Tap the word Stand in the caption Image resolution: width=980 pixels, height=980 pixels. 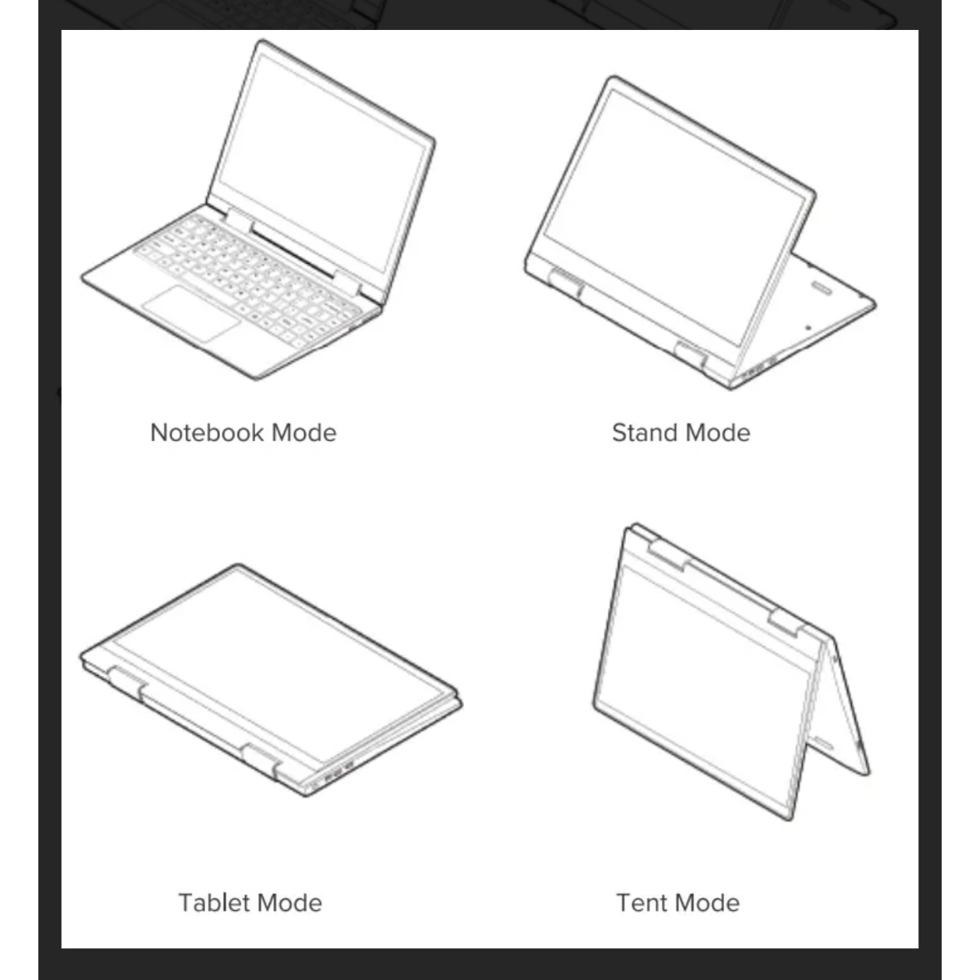coord(644,433)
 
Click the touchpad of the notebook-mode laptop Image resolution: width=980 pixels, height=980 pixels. coord(191,314)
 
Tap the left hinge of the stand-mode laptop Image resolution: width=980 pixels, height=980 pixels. coord(565,283)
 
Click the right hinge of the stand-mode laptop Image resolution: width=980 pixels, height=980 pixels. coord(691,355)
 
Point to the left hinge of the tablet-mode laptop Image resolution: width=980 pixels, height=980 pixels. coord(127,681)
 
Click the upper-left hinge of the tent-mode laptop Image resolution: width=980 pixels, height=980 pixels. coord(669,554)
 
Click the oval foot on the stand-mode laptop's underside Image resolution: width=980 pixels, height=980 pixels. coord(822,289)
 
